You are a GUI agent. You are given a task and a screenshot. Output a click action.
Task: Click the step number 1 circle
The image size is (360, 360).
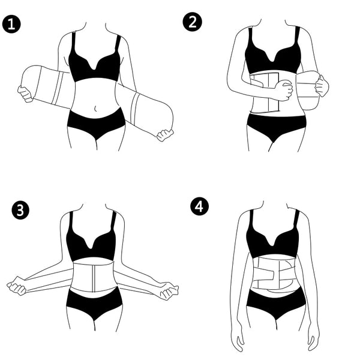pyautogui.click(x=11, y=25)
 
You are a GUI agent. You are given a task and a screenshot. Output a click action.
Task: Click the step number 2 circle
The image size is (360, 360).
pyautogui.click(x=193, y=22)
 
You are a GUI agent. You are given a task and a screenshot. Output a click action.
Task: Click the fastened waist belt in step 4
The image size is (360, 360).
pyautogui.click(x=274, y=273)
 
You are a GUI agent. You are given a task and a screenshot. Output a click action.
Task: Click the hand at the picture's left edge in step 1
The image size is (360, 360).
pyautogui.click(x=25, y=93)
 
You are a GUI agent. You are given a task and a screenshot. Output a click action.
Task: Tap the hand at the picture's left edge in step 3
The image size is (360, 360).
pyautogui.click(x=16, y=286)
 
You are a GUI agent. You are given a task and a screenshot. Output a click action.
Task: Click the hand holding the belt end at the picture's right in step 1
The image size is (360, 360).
pyautogui.click(x=164, y=134)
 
